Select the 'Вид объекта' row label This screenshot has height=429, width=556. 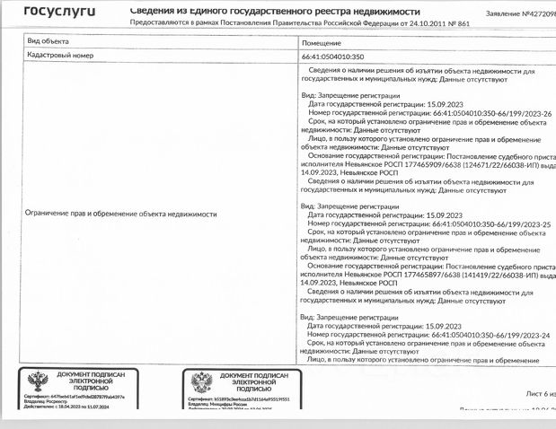pos(47,42)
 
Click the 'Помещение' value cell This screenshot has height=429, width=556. pos(322,42)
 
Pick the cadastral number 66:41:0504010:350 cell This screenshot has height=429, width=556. pos(334,56)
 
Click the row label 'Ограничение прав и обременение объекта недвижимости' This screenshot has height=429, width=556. pos(122,215)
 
